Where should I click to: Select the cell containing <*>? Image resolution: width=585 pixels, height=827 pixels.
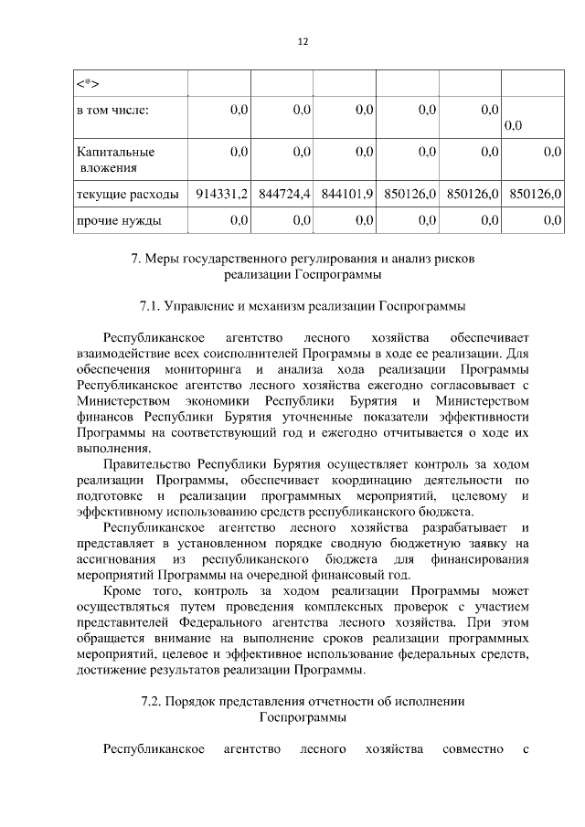(x=87, y=85)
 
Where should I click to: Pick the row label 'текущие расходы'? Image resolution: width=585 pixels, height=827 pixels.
(x=122, y=194)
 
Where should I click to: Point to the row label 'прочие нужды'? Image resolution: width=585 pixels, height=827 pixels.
(x=119, y=220)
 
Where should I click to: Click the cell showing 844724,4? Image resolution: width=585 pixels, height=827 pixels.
(x=282, y=194)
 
